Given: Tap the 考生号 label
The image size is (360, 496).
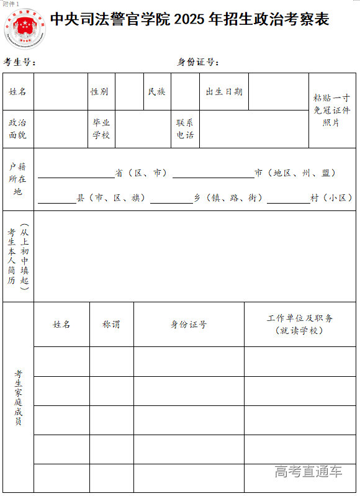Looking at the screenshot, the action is [20, 62].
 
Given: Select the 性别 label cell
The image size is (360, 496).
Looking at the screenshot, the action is [99, 92].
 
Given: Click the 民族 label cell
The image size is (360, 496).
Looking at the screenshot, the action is [156, 92].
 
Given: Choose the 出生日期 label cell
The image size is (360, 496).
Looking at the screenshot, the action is [224, 92].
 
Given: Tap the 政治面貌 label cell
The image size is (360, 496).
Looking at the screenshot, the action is [17, 129].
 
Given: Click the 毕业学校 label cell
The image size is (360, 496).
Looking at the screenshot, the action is [101, 129].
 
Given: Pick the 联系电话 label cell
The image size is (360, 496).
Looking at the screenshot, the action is [185, 129].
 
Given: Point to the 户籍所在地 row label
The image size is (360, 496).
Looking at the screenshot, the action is [17, 179].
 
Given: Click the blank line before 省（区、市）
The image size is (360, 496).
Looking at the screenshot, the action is [76, 177].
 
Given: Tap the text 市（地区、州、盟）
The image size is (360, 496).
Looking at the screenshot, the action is [295, 173].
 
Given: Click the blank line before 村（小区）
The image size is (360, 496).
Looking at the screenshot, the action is [288, 202].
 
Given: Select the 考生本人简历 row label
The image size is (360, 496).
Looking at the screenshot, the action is [17, 256].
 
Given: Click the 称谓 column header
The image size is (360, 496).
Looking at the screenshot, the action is [111, 325].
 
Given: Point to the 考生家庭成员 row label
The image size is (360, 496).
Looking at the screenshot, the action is [19, 397].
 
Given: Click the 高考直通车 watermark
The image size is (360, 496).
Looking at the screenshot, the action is [308, 472].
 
